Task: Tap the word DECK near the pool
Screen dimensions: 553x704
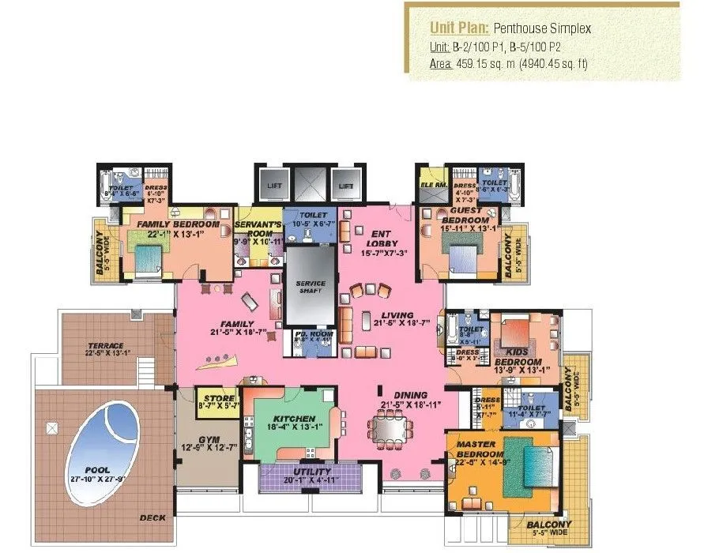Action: tap(152, 518)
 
